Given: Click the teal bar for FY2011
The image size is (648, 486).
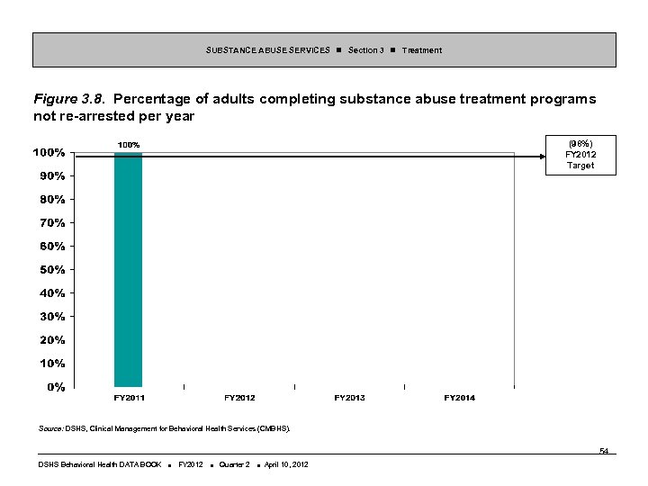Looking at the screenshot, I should pyautogui.click(x=128, y=270).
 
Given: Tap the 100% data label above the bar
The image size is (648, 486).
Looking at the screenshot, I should pyautogui.click(x=128, y=145).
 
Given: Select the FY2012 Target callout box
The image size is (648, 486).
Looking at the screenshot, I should pyautogui.click(x=580, y=154).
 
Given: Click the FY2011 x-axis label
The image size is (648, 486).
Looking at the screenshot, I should pyautogui.click(x=129, y=398).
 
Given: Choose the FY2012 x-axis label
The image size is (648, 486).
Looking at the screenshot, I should pyautogui.click(x=239, y=398).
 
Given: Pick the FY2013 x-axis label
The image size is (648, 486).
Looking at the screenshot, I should pyautogui.click(x=349, y=398).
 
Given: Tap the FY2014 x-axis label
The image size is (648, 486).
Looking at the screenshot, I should pyautogui.click(x=460, y=398).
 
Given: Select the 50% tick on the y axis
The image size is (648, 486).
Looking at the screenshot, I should pyautogui.click(x=51, y=269).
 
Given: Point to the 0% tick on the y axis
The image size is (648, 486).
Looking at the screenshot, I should pyautogui.click(x=55, y=387).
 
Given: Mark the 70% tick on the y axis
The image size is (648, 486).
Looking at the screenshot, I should pyautogui.click(x=51, y=222).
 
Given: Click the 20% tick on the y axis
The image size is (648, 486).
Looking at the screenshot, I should pyautogui.click(x=51, y=340).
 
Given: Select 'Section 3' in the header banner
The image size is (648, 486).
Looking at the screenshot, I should pyautogui.click(x=365, y=50).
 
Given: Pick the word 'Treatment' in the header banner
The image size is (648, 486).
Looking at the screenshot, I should pyautogui.click(x=421, y=50).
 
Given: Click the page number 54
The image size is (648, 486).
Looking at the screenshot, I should pyautogui.click(x=604, y=450).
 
